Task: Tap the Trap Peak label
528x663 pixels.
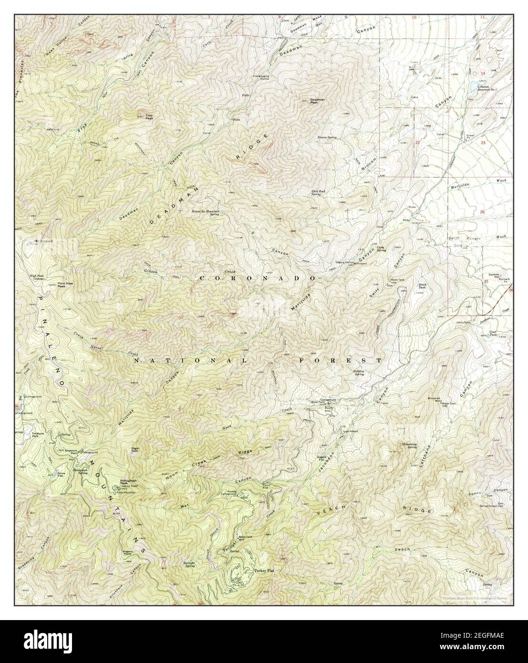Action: pos(149,116)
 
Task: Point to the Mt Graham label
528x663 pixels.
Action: pos(42,241)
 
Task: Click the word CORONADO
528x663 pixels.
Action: pos(257,278)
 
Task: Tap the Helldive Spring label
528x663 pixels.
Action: pos(362,373)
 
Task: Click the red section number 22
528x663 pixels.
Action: pos(417,143)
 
